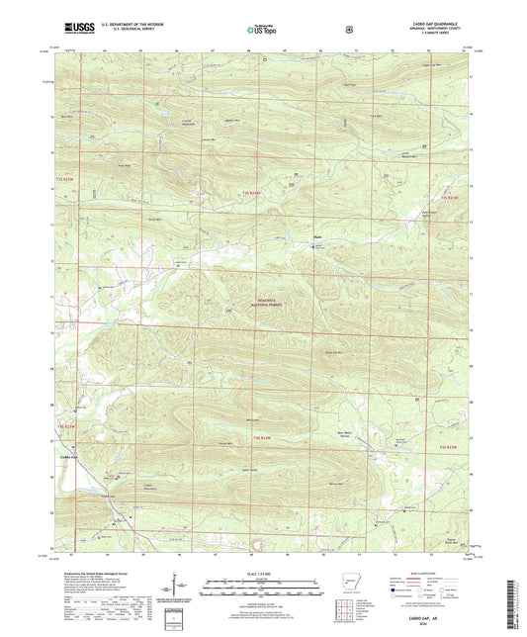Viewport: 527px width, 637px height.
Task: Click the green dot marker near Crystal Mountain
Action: coord(154,102)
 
